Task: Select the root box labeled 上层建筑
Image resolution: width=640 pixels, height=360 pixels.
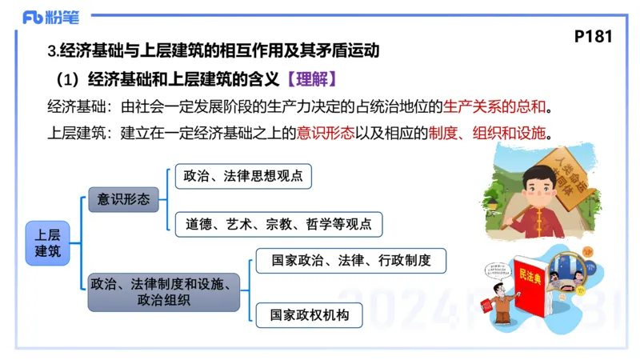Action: [x=48, y=242]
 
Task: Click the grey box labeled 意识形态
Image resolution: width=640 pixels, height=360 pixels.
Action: [x=123, y=200]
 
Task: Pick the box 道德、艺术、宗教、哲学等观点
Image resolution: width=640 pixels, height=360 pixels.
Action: [x=278, y=225]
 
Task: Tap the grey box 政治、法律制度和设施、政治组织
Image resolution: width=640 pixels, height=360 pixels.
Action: [x=163, y=291]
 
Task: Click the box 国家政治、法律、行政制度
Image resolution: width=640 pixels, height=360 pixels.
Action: [x=350, y=260]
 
